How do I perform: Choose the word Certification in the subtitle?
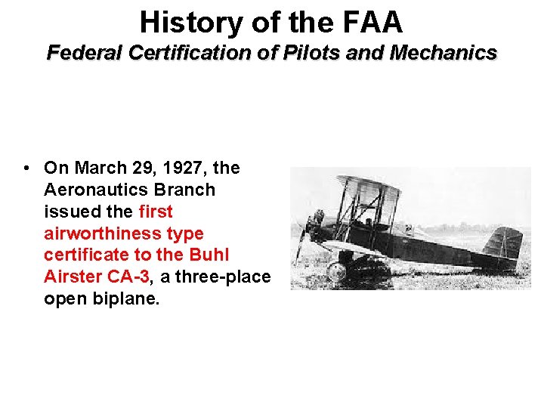189,53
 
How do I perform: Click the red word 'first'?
156,212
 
